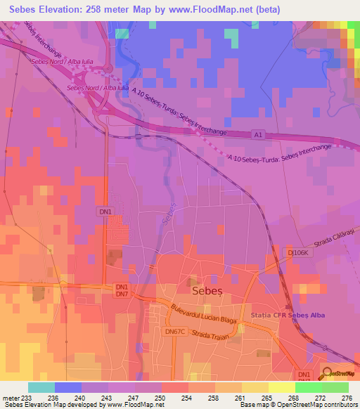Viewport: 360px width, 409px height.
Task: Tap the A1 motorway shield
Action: coord(258,134)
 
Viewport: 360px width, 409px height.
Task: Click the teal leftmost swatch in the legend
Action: coord(41,387)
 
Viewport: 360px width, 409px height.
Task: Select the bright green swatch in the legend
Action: coord(308,387)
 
